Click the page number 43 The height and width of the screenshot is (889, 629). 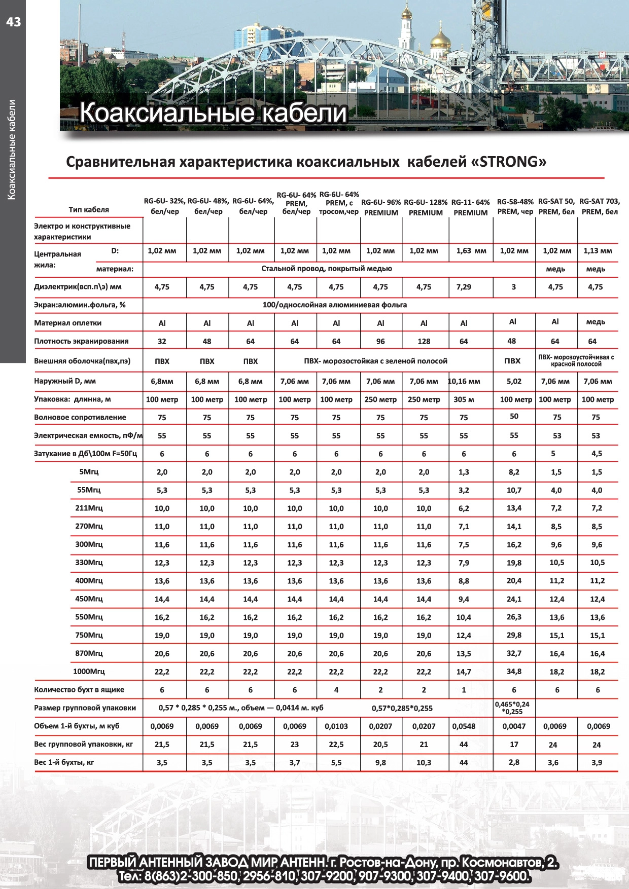click(x=14, y=21)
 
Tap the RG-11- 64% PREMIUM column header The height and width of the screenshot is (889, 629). click(x=470, y=207)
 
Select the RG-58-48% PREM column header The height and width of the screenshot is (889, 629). click(x=514, y=207)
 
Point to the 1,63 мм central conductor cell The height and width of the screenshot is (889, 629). click(x=471, y=250)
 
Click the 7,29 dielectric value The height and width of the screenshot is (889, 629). click(x=464, y=287)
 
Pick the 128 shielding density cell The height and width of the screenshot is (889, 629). click(x=424, y=342)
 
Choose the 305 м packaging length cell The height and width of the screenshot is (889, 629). click(x=464, y=399)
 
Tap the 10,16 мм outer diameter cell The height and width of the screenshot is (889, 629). click(x=464, y=381)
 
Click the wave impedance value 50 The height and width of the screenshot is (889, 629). click(x=514, y=416)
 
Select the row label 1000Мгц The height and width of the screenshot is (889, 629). click(x=89, y=672)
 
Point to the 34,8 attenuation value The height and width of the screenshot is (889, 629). click(x=514, y=672)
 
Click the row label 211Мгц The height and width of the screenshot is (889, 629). click(x=89, y=508)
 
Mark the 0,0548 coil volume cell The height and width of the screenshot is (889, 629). click(x=464, y=726)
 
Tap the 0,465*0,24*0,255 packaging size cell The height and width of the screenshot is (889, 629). click(x=512, y=708)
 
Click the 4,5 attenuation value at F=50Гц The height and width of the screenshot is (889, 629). click(x=597, y=454)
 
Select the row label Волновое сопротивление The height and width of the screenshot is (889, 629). click(x=80, y=418)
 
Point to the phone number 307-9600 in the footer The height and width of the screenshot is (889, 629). click(x=502, y=876)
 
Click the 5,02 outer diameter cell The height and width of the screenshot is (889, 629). click(x=514, y=381)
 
